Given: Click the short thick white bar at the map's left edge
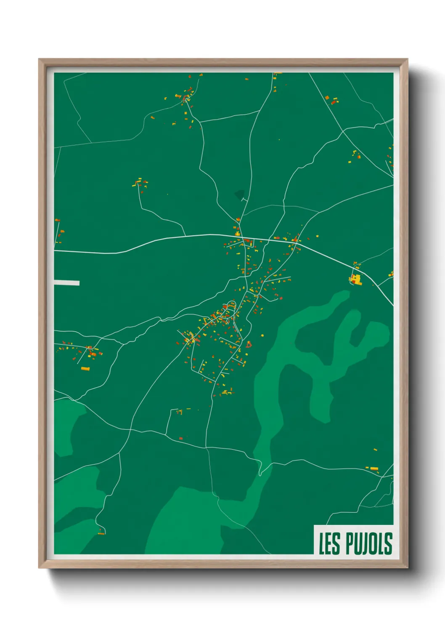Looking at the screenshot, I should (66, 283).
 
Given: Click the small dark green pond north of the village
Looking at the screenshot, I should (240, 194).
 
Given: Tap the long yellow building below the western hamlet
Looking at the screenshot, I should (85, 369).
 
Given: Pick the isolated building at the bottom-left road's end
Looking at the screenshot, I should (101, 533).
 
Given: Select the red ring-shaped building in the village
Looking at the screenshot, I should (249, 345).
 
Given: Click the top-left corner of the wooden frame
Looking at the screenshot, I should (40, 60).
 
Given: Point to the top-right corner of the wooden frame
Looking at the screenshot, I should (407, 60).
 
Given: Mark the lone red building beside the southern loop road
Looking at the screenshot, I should (181, 438).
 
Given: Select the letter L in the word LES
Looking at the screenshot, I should (322, 543).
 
